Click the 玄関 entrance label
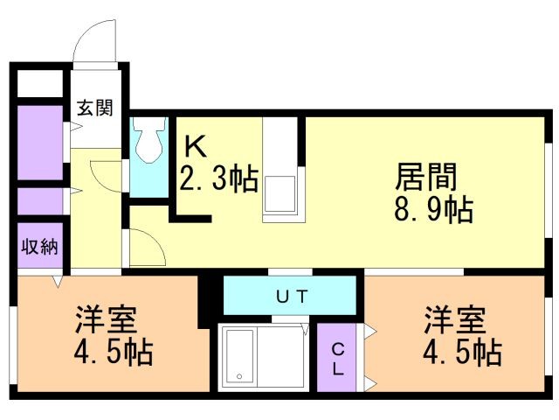pos(95,108)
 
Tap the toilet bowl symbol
pos(150,140)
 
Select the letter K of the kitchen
pos(195,147)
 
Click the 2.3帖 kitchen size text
pos(219,178)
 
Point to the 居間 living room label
pos(426,177)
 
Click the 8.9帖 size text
pos(434,209)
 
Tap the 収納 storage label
pos(39,246)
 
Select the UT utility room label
pos(292,297)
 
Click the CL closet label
pos(338,360)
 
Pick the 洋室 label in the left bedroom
pos(106,319)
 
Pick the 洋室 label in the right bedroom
pos(455,319)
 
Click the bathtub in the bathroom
pos(239,357)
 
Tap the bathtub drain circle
pos(239,376)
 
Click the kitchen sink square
pos(279,194)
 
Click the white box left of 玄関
pos(40,83)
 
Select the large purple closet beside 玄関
pos(40,143)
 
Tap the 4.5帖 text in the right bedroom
pos(462,353)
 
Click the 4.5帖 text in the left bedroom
pos(114,353)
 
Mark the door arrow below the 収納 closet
pos(58,282)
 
